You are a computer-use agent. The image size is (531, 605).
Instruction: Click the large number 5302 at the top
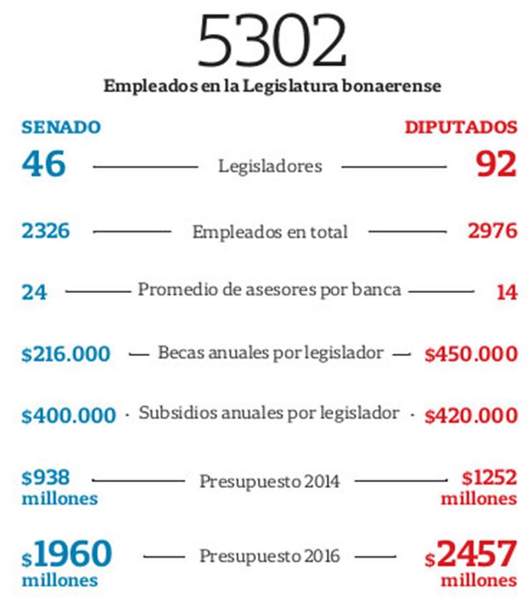point(271,41)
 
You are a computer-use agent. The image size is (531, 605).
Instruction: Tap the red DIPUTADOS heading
point(461,128)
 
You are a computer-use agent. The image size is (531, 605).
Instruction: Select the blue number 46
point(43,163)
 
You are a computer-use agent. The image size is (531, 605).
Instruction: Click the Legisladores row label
point(270,166)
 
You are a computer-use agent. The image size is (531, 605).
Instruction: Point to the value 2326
point(46,232)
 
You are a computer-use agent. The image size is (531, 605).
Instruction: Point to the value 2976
point(492,232)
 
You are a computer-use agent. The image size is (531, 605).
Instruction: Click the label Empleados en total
point(270,232)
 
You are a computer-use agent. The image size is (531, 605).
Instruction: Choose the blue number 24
point(35,292)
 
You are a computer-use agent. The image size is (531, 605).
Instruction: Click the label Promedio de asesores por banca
point(270,290)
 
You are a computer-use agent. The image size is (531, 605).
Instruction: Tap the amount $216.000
point(66,354)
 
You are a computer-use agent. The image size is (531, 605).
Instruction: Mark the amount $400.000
point(69,415)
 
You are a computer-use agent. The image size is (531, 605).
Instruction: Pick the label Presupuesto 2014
point(270,481)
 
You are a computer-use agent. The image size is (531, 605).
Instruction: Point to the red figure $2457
point(476,554)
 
